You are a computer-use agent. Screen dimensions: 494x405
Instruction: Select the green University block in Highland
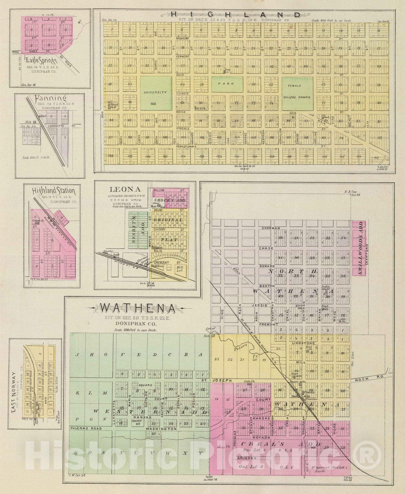pos(156,92)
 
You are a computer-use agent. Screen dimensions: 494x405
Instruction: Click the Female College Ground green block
pos(297,93)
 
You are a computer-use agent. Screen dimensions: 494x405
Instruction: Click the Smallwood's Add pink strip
pos(359,248)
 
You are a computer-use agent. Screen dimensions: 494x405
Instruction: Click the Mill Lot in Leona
pos(178,269)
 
